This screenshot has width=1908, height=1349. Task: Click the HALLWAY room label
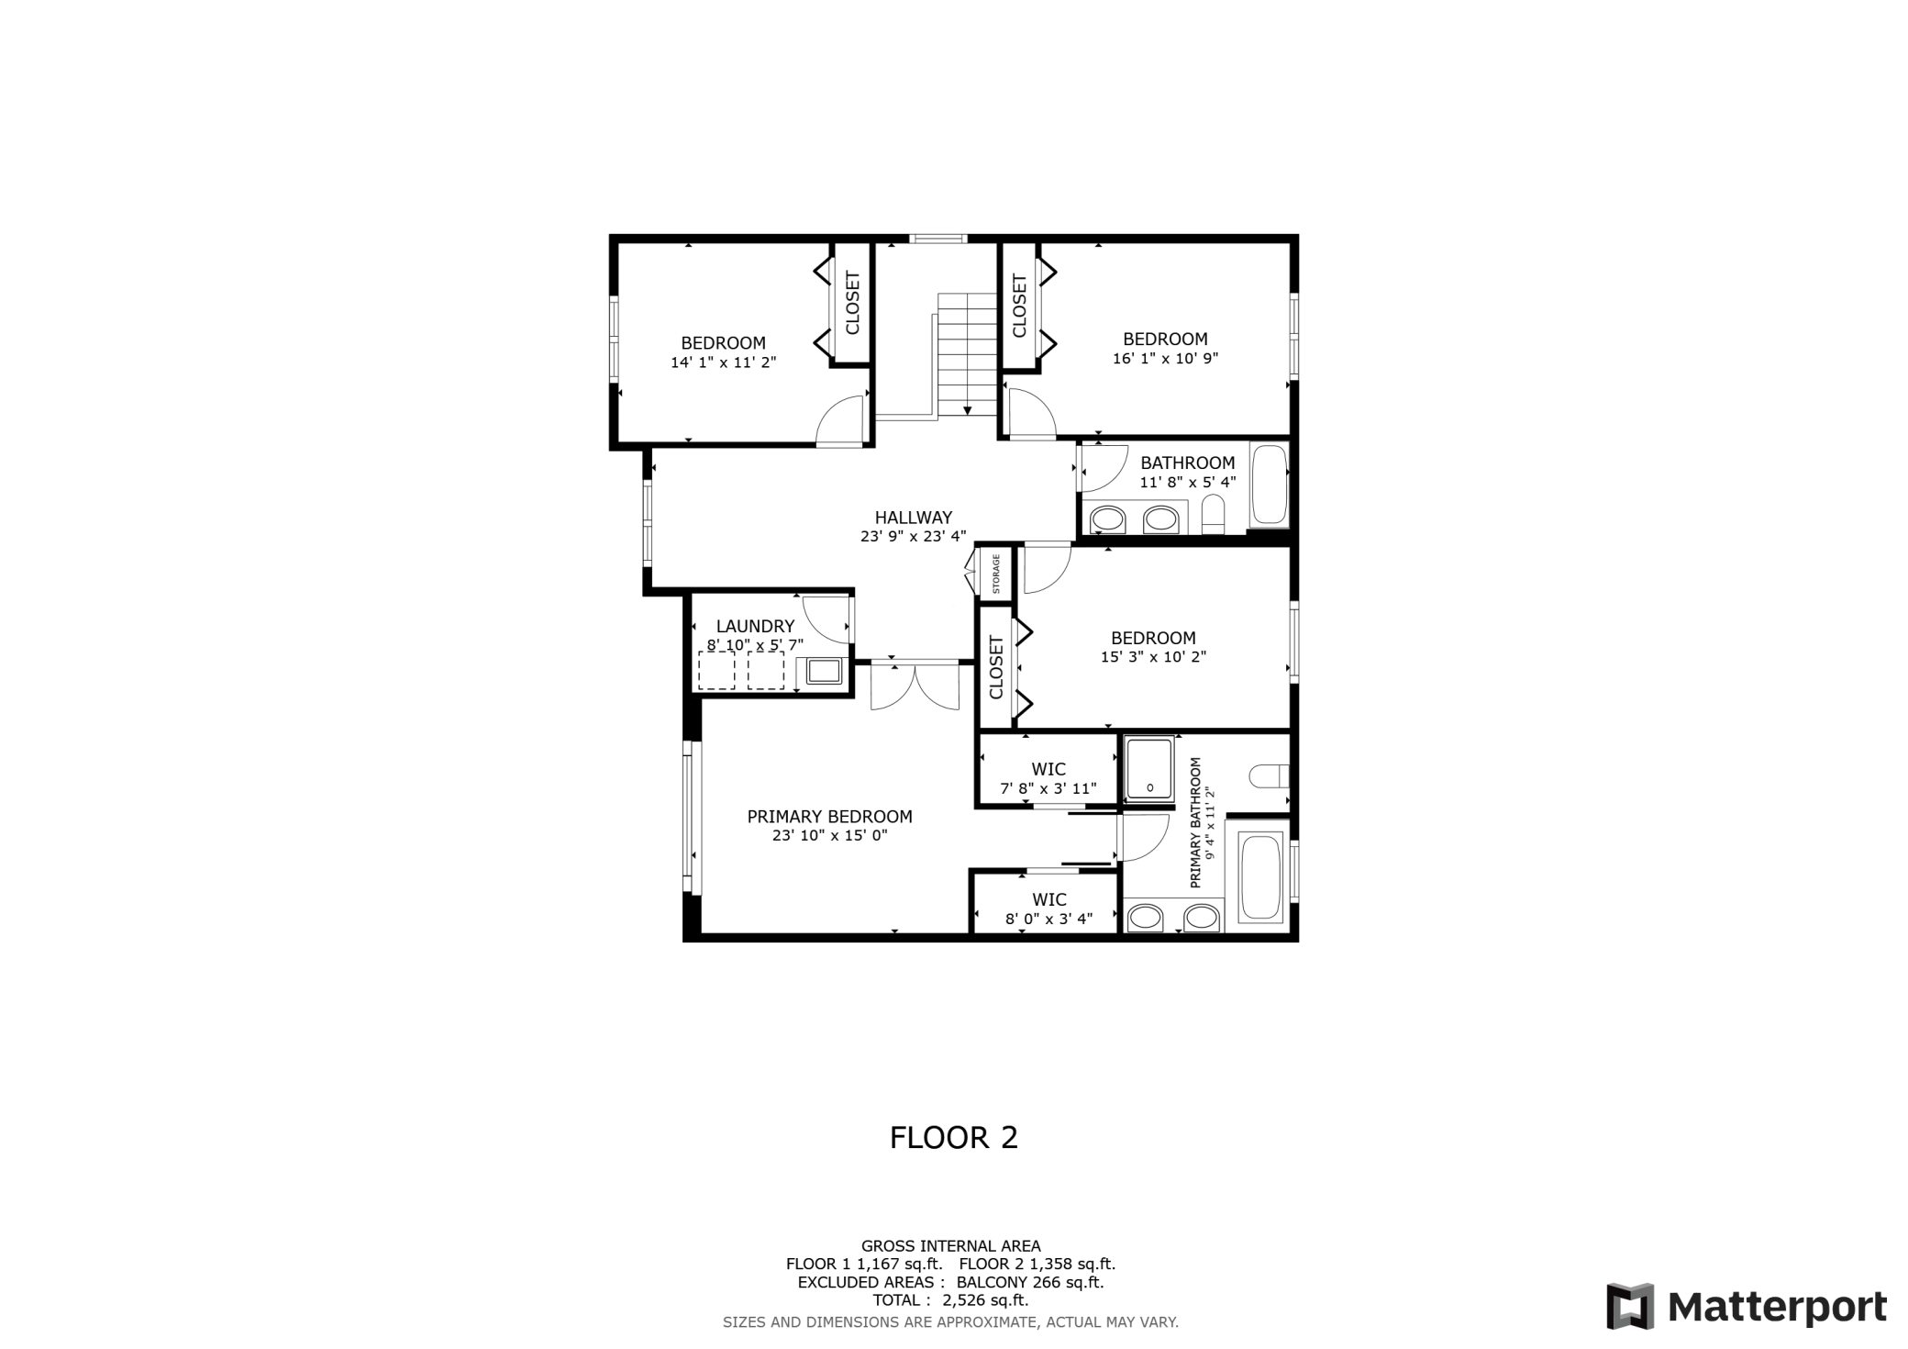913,518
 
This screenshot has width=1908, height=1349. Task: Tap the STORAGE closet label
996,574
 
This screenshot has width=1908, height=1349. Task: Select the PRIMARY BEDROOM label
829,817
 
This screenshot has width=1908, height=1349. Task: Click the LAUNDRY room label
755,627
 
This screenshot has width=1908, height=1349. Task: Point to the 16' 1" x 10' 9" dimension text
1165,359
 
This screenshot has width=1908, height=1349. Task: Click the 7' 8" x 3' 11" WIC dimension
1048,788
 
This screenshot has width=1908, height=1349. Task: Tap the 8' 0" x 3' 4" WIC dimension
1048,919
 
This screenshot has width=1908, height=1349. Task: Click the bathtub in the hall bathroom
1270,485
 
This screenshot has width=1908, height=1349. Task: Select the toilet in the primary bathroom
1270,776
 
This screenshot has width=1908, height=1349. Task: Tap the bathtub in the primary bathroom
1260,877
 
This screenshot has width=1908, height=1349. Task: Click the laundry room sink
824,671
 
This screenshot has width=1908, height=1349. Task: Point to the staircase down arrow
967,409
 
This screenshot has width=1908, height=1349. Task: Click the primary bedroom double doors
915,686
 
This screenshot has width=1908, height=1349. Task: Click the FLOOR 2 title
953,1138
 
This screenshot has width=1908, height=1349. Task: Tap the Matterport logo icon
1630,1306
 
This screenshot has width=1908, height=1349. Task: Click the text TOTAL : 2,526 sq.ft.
950,1300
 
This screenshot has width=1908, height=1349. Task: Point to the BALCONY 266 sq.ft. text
1029,1283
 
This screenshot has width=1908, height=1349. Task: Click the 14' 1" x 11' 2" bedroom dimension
723,362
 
